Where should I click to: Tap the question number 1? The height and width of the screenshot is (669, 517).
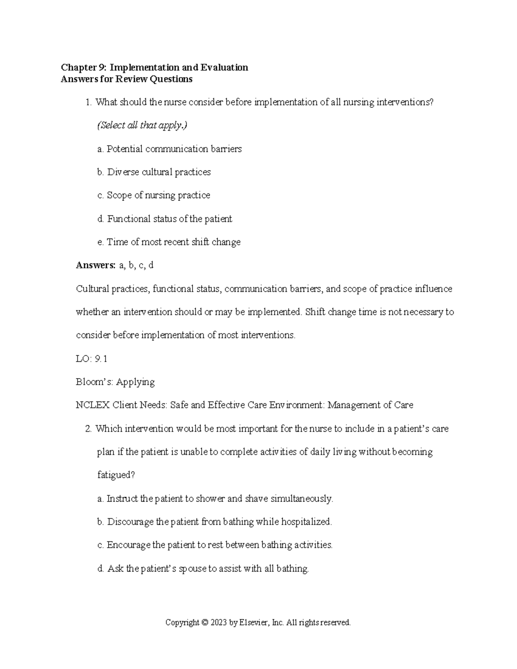88,103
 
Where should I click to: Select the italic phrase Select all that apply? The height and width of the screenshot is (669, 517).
142,126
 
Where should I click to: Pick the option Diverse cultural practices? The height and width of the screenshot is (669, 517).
154,172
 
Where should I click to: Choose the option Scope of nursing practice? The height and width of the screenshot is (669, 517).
154,196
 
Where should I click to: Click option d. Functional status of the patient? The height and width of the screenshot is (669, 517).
165,219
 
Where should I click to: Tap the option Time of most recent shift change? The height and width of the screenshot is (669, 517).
168,242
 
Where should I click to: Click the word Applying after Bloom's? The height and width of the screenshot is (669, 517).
135,382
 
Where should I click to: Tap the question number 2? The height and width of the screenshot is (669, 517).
88,429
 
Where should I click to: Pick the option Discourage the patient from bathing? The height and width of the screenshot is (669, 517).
215,522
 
